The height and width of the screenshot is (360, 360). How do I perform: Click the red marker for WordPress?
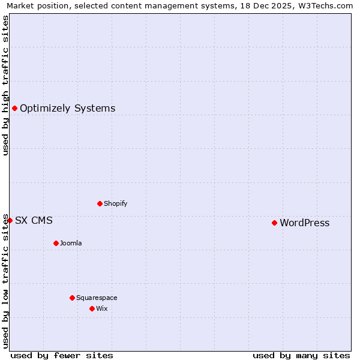pyautogui.click(x=274, y=223)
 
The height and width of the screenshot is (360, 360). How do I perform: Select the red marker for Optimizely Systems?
pyautogui.click(x=14, y=108)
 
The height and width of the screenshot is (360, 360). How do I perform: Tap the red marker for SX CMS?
pyautogui.click(x=10, y=220)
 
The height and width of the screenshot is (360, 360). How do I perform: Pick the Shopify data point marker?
pyautogui.click(x=100, y=203)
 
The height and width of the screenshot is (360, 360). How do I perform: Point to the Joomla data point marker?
pyautogui.click(x=56, y=243)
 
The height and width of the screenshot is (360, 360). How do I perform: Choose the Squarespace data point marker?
pyautogui.click(x=72, y=298)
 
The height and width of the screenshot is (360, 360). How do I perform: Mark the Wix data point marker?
pyautogui.click(x=92, y=308)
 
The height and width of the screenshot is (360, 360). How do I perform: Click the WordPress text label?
pyautogui.click(x=304, y=223)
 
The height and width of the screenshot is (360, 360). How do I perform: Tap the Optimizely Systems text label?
pyautogui.click(x=67, y=109)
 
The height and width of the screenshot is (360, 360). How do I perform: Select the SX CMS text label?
pyautogui.click(x=34, y=221)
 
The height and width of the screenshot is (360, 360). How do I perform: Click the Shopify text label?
pyautogui.click(x=115, y=203)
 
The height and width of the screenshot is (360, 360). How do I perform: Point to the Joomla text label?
pyautogui.click(x=71, y=243)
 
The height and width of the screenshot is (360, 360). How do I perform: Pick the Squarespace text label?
pyautogui.click(x=97, y=298)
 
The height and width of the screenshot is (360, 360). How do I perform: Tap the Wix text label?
pyautogui.click(x=101, y=308)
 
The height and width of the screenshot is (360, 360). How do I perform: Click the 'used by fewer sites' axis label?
pyautogui.click(x=62, y=355)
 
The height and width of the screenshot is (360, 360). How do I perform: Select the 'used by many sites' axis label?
pyautogui.click(x=301, y=355)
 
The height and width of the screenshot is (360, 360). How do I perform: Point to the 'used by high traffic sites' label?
pyautogui.click(x=5, y=85)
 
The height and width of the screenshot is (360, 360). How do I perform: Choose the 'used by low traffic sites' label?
pyautogui.click(x=5, y=280)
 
